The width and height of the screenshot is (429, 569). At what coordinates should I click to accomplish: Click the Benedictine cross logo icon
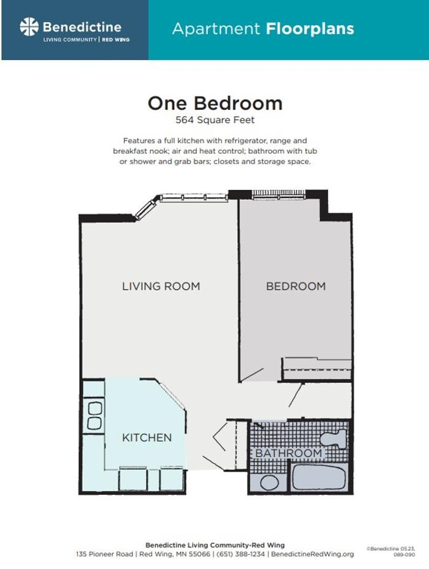pos(29,27)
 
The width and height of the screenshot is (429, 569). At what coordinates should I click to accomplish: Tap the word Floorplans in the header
pos(309,28)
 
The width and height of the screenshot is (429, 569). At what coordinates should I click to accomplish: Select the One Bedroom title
pos(214,103)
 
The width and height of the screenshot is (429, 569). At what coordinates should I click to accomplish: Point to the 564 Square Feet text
pos(214,120)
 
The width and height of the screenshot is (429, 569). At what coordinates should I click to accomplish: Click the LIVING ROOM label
pos(161,286)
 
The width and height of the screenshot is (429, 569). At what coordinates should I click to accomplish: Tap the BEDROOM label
pos(295,286)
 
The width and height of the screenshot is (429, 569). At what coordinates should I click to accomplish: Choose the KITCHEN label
pos(146,437)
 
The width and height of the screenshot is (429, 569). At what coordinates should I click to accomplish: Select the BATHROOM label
pos(288,453)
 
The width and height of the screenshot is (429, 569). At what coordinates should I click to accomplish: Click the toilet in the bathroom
pos(335,439)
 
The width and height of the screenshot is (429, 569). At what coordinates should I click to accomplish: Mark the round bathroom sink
pos(269,481)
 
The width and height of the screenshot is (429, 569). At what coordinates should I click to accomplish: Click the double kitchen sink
pos(94,415)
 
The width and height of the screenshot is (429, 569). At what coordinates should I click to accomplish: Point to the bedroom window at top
pos(279,195)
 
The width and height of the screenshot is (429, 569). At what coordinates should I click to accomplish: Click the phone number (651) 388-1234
pos(241,554)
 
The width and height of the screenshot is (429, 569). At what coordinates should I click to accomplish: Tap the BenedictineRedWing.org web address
pos(313,554)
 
